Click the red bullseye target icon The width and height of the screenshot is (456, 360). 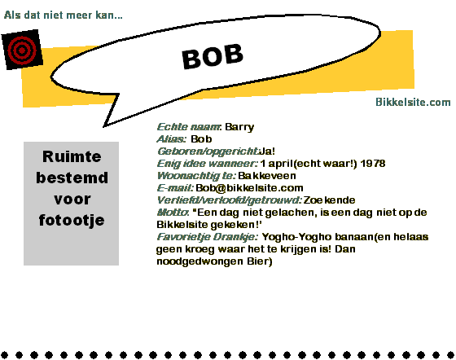22,50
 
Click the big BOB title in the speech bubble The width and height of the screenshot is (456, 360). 213,56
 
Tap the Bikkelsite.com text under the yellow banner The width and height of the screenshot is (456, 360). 413,102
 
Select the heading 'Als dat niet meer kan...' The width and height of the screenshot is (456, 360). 64,15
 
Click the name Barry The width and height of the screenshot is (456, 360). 239,127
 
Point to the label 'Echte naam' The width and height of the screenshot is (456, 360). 188,127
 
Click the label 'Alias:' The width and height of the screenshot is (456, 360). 171,139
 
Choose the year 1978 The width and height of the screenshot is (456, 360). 373,164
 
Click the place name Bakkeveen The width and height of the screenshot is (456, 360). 267,176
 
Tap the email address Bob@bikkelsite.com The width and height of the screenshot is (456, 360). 249,188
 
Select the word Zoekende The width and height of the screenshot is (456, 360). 329,200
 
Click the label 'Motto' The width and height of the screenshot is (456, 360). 172,213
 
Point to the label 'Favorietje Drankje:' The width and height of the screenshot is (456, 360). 208,237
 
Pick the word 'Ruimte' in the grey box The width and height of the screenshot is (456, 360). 72,156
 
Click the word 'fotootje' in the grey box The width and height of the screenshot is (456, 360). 72,220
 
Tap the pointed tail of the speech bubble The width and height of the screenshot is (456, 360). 104,126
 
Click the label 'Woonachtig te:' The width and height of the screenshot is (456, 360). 196,176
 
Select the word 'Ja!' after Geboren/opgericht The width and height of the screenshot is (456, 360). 267,151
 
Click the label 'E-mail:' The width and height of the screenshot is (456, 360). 175,188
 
